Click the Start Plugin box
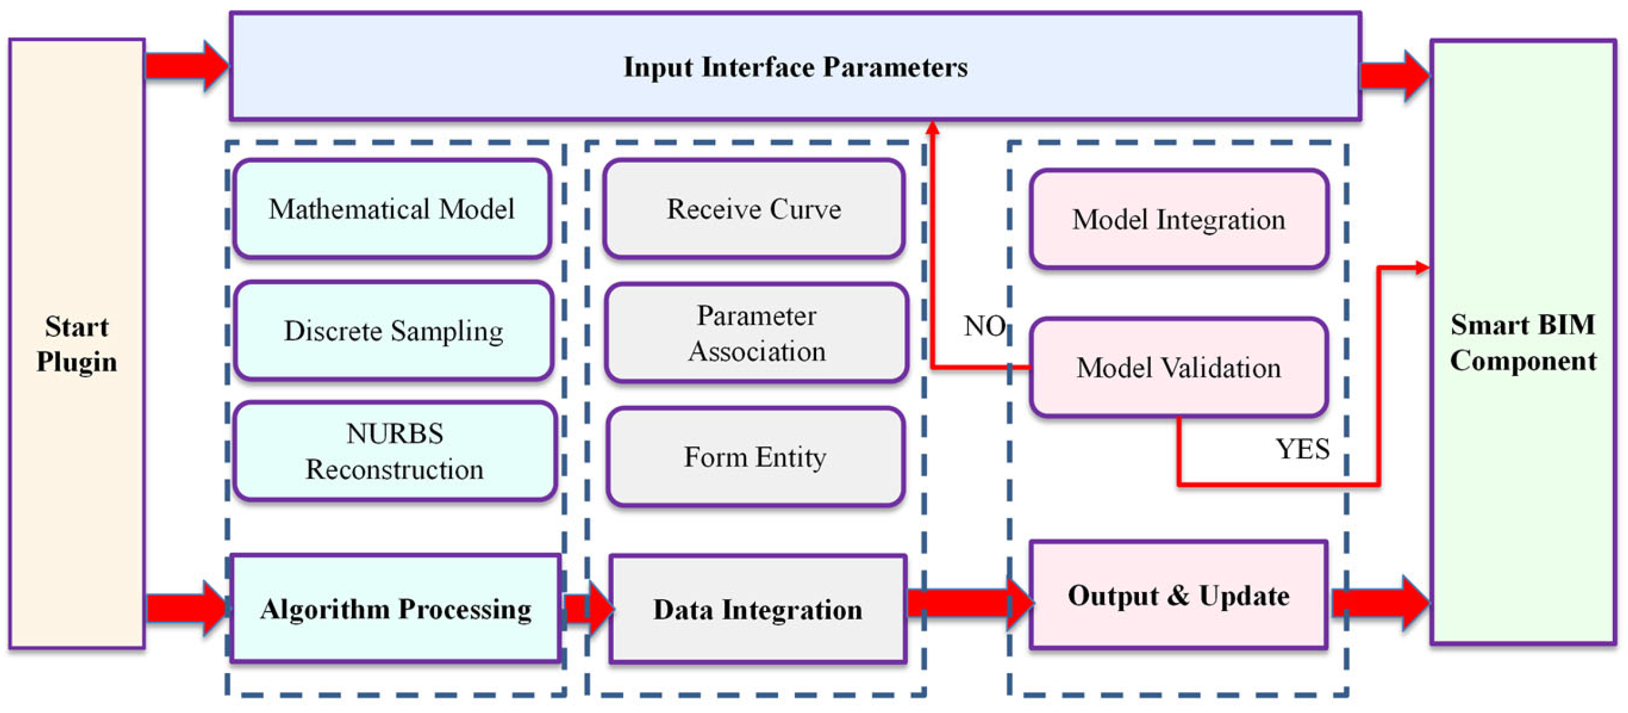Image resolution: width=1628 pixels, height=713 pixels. click(77, 344)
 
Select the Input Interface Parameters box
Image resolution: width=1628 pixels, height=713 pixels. click(795, 66)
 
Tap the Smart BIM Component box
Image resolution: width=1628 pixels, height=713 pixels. click(1522, 343)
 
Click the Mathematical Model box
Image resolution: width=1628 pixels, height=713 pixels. click(392, 208)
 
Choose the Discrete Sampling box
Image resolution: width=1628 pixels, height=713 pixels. click(394, 330)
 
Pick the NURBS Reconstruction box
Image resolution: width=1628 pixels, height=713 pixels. click(395, 451)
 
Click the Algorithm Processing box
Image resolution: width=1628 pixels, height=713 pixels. click(395, 609)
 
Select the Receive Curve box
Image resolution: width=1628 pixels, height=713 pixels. click(754, 208)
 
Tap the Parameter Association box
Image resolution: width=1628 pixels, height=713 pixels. click(757, 333)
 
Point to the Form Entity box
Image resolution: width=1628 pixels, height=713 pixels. click(755, 457)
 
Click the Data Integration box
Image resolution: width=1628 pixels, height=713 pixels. click(757, 609)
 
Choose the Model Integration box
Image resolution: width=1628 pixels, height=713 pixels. click(1178, 219)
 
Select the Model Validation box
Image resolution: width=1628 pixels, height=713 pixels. click(1178, 367)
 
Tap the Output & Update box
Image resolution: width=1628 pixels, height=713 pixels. click(1178, 595)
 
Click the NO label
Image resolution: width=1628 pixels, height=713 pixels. click(985, 326)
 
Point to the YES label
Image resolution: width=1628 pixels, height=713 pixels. click(1302, 449)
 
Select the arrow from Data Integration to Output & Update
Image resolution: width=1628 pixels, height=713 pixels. click(969, 602)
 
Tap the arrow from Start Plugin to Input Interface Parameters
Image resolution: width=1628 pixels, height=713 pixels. click(187, 66)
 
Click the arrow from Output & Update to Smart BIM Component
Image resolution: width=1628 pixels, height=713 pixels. click(1380, 602)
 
